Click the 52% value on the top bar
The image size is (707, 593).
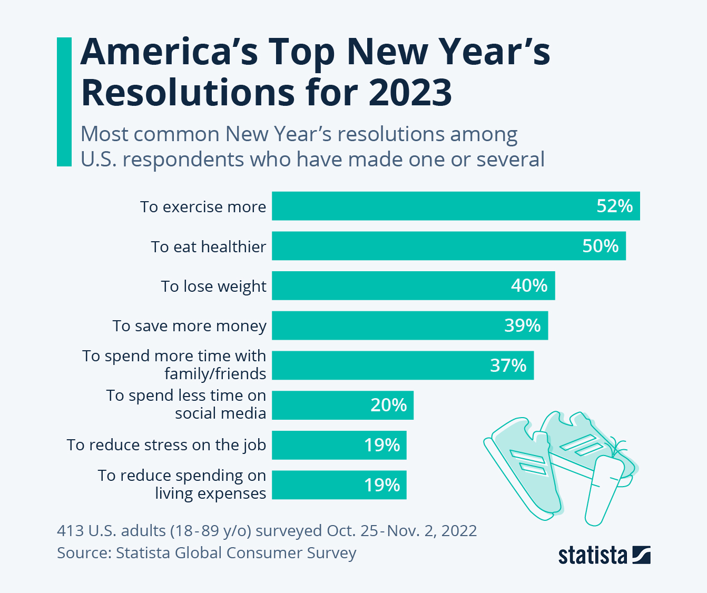click(614, 206)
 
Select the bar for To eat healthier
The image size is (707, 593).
click(448, 246)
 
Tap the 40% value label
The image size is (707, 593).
click(529, 285)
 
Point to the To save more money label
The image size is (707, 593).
click(189, 326)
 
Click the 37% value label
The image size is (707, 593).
click(508, 365)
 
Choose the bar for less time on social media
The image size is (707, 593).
click(342, 405)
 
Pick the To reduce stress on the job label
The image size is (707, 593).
click(166, 445)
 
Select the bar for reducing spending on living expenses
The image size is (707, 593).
click(339, 485)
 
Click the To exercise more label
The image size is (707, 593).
click(203, 207)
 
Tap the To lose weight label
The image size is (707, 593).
click(213, 286)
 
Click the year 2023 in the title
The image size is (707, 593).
click(410, 93)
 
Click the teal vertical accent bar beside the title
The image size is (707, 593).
click(64, 102)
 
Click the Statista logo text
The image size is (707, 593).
click(593, 556)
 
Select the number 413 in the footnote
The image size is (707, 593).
click(70, 530)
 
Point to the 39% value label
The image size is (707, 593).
click(522, 325)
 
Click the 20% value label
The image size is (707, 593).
click(388, 405)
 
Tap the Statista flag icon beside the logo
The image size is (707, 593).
click(641, 555)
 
